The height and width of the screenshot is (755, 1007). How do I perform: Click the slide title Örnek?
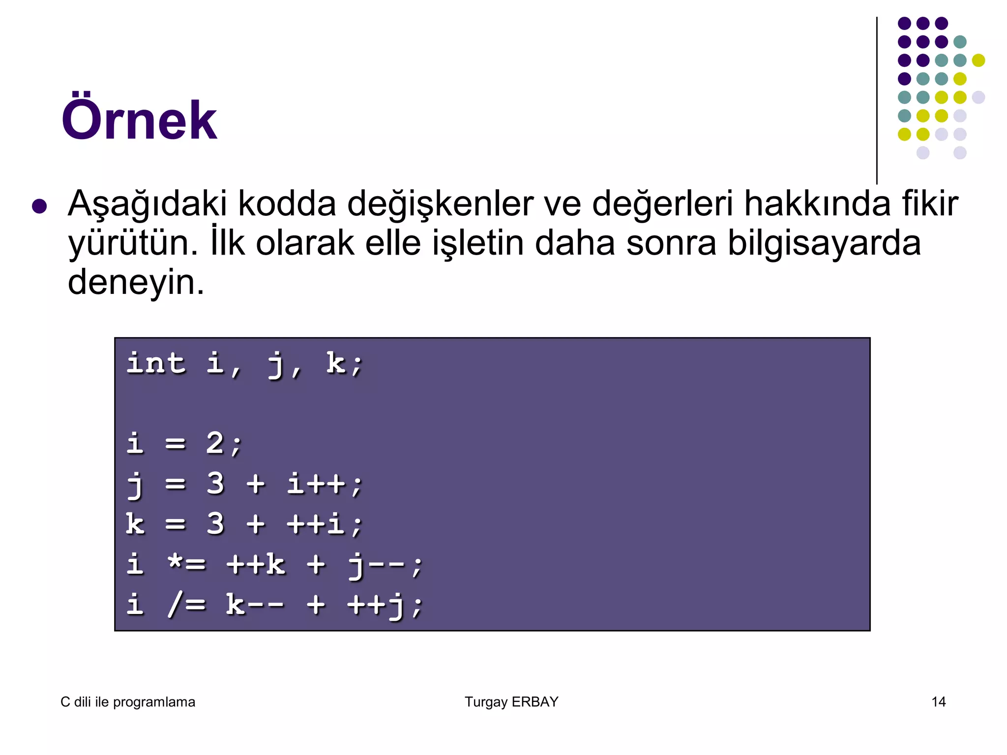[139, 120]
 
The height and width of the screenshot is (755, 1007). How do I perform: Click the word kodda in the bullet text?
[287, 203]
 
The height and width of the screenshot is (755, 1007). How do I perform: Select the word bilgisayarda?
[824, 243]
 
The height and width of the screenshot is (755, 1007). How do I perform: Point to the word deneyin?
[136, 283]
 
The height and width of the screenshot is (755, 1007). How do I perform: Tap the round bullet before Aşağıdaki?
[39, 206]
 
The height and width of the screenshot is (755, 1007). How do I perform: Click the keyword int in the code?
[156, 364]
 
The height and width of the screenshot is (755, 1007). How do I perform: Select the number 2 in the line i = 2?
[215, 443]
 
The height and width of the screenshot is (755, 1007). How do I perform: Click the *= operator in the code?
[186, 564]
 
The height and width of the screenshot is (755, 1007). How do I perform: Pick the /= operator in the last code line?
[186, 604]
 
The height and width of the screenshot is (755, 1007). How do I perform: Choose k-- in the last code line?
[255, 604]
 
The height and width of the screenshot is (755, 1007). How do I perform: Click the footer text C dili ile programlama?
[128, 702]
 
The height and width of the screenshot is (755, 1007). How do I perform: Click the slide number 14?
[939, 702]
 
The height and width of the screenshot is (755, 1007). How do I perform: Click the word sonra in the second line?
[671, 243]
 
